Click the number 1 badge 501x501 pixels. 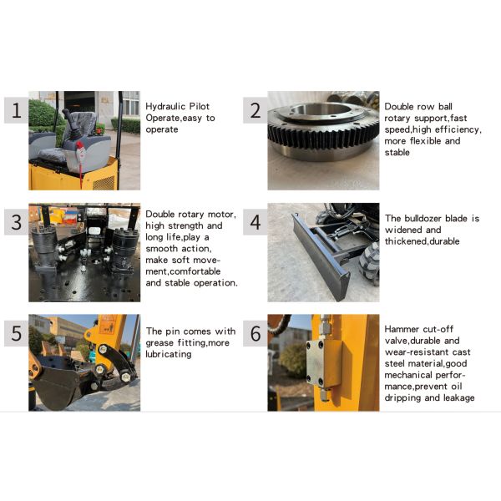point(17,110)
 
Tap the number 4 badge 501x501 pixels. point(256,222)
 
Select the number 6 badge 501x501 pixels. point(256,333)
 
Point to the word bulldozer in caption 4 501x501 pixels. point(424,218)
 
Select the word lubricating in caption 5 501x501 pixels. point(169,354)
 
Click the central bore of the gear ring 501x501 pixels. point(321,110)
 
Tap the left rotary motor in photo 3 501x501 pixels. point(45,248)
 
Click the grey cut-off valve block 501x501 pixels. point(323,363)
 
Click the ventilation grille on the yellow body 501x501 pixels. point(104,183)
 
